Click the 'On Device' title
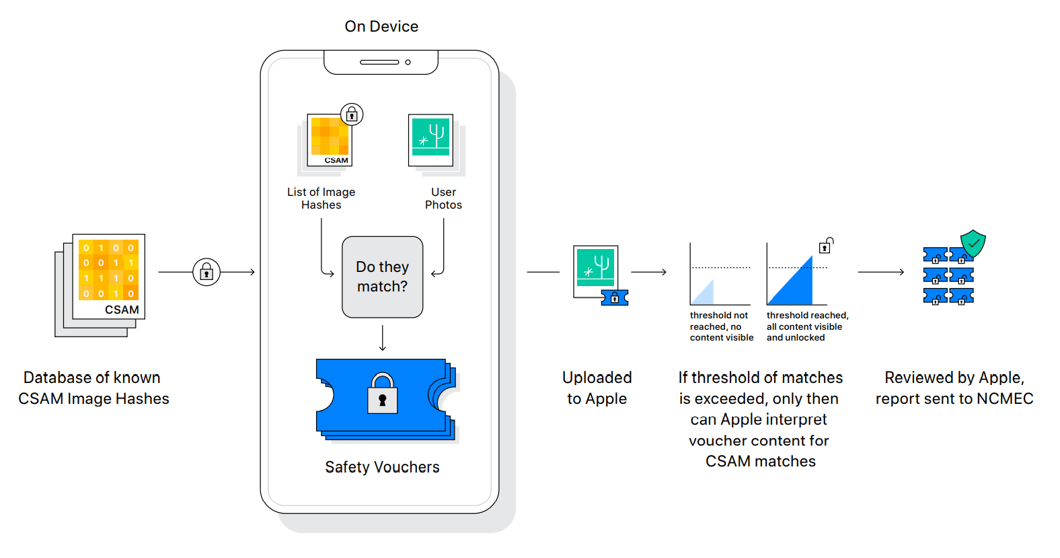click(x=381, y=26)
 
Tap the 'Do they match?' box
click(x=382, y=277)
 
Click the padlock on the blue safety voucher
click(x=382, y=394)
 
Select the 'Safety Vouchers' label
click(x=382, y=467)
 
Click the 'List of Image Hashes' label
click(x=321, y=199)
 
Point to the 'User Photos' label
click(x=443, y=199)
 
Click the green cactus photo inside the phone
click(x=431, y=138)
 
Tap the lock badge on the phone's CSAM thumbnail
click(x=352, y=114)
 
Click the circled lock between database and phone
click(x=206, y=272)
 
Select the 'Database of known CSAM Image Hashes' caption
click(x=93, y=388)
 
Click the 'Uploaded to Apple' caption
click(x=597, y=388)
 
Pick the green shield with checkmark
click(x=973, y=243)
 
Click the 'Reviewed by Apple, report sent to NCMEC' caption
click(x=954, y=388)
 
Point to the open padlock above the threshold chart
click(x=826, y=246)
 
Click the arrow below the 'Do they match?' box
click(x=383, y=338)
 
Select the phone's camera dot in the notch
click(x=408, y=62)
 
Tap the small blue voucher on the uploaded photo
click(x=615, y=298)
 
